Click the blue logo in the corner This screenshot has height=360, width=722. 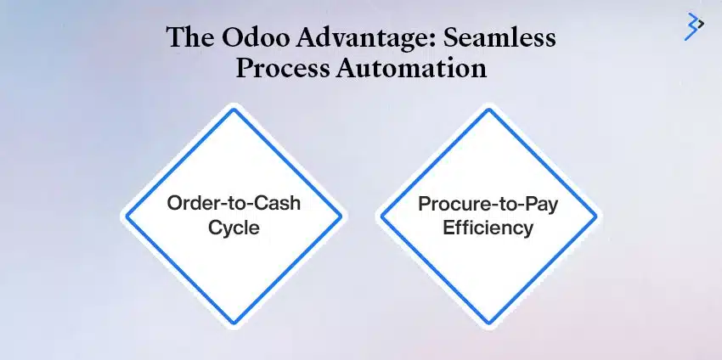694,25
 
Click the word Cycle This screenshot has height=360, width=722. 234,228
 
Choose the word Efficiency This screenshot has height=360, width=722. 488,228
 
